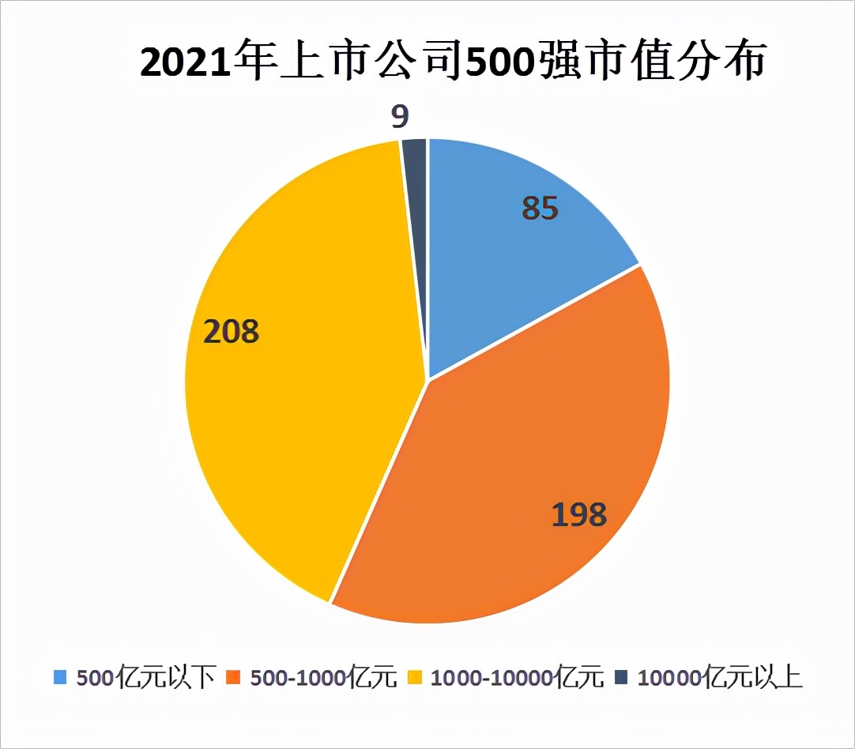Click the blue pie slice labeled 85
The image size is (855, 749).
coord(506,253)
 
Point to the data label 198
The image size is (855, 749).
coord(578,514)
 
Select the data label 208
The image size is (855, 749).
coord(231,332)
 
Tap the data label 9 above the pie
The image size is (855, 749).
coord(400,117)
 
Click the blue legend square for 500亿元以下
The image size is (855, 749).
coord(60,676)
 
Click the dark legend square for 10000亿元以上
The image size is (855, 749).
coord(621,676)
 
